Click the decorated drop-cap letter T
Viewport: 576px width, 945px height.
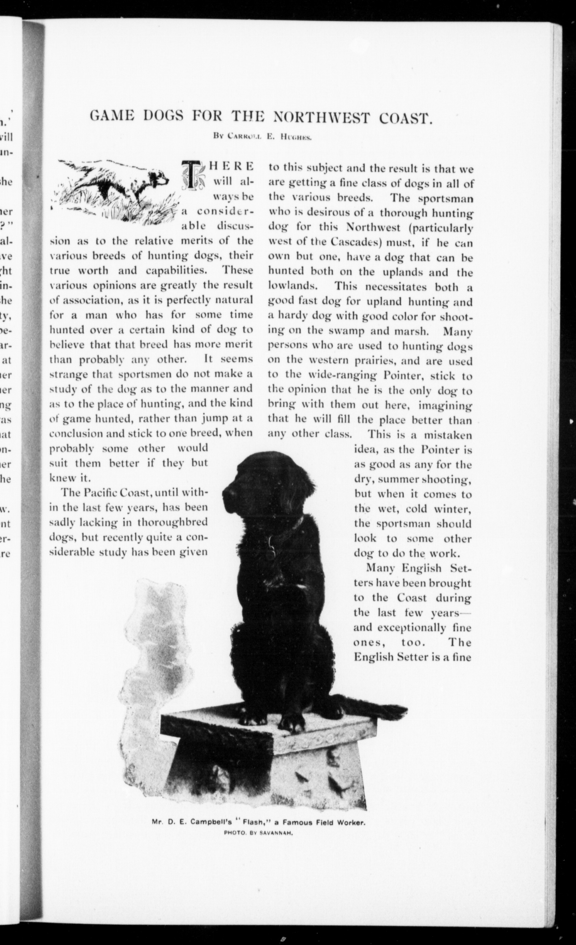click(x=190, y=174)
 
